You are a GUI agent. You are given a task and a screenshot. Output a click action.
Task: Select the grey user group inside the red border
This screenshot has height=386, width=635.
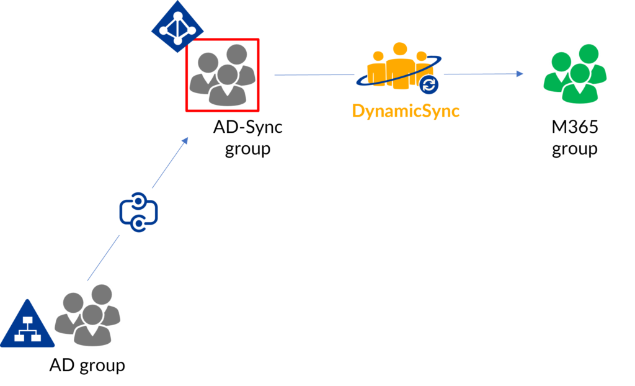click(222, 75)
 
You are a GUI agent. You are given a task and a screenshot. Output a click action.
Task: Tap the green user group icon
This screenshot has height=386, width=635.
click(575, 73)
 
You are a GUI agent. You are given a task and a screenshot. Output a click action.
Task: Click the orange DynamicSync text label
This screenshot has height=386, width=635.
click(406, 111)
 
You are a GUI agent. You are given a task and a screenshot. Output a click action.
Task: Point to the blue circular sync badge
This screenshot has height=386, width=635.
click(429, 84)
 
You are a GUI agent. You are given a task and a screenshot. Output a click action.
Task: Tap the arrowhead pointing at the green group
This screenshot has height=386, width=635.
click(520, 74)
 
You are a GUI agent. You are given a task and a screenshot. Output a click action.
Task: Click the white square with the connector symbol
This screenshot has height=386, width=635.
click(138, 212)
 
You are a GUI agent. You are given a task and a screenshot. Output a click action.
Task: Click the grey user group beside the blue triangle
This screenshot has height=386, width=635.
click(87, 315)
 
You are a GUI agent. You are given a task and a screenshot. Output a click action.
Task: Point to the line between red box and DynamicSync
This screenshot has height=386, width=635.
click(313, 75)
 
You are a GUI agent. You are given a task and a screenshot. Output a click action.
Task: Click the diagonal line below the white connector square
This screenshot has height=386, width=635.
click(99, 261)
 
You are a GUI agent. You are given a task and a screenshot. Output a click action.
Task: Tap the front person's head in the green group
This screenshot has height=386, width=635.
click(580, 74)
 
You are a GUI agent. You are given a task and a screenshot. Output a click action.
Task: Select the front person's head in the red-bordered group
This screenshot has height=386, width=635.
click(228, 74)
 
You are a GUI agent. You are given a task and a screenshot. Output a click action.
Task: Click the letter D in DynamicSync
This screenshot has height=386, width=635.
click(357, 110)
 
